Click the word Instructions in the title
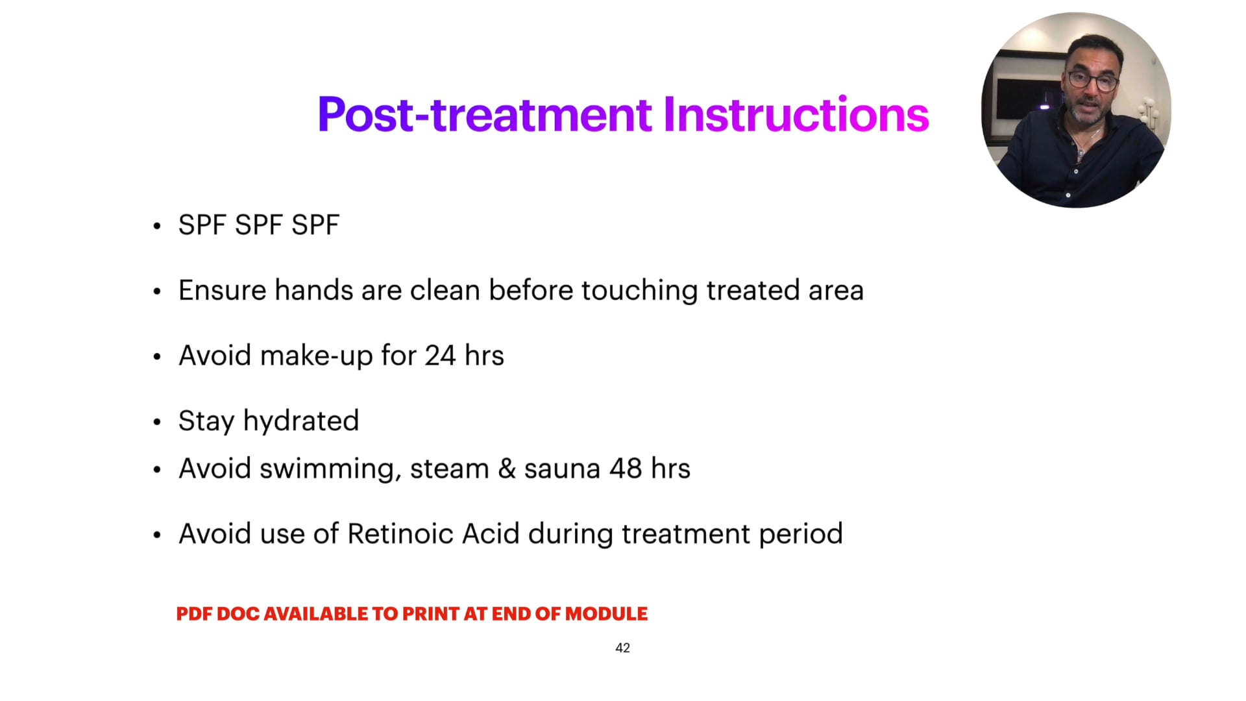[x=796, y=115]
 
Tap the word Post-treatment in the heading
[x=484, y=115]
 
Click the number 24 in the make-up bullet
[x=440, y=356]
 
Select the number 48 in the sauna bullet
[x=626, y=469]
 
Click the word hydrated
[x=300, y=421]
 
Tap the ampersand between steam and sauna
[x=506, y=469]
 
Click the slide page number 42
[x=622, y=648]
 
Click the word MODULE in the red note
[x=606, y=614]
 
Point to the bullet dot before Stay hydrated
[x=156, y=423]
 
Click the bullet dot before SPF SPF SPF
[x=156, y=227]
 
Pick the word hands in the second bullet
[x=313, y=290]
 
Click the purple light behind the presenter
[x=1045, y=106]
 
